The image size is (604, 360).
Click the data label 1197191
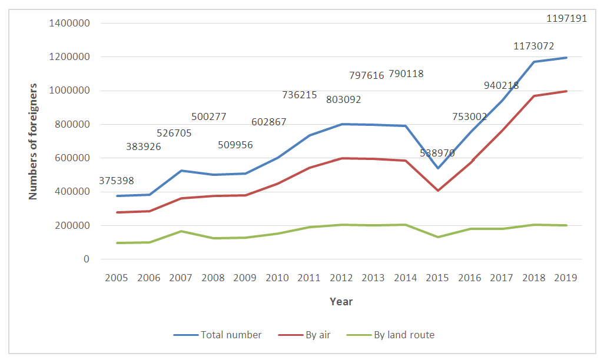point(566,19)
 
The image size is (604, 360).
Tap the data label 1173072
point(533,46)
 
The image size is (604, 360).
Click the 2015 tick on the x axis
point(437,278)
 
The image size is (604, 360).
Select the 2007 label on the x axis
point(181,278)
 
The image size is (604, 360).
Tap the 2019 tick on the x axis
point(566,278)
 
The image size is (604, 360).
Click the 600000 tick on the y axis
point(75,158)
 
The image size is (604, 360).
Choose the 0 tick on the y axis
point(86,259)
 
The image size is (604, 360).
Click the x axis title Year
point(341,302)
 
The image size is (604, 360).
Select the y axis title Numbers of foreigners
point(34,141)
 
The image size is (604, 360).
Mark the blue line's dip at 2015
point(437,168)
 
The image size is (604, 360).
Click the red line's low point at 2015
point(437,191)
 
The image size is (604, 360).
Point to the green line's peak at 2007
point(181,231)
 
